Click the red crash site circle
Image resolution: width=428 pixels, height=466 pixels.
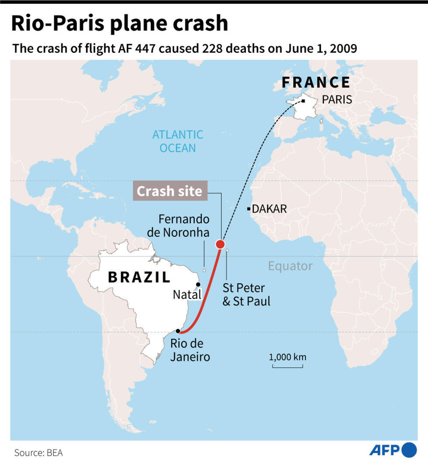coord(221,244)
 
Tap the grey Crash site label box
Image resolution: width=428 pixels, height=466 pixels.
coord(169,191)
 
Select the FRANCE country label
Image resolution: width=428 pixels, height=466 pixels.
coord(316,82)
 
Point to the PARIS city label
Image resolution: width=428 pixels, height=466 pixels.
coord(337,99)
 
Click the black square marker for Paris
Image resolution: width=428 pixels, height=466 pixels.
coord(303,101)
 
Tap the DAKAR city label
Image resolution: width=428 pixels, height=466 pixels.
coord(269,209)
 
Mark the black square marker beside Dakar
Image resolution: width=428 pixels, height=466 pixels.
coord(249,209)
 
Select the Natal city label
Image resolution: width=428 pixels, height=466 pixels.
coord(187,295)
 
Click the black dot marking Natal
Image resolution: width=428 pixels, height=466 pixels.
coord(198,284)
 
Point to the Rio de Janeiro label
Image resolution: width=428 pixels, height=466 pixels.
coord(190,350)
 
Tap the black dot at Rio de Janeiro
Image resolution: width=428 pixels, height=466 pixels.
coord(178,331)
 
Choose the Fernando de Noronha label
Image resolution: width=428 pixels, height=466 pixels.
coord(178,226)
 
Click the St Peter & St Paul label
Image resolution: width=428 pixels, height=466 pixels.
coord(246,295)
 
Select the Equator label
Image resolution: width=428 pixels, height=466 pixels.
coord(290,266)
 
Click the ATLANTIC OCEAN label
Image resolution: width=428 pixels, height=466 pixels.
coord(177,141)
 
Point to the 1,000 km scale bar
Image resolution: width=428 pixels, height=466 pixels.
coord(287,365)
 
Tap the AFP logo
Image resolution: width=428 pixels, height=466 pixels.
coord(393,449)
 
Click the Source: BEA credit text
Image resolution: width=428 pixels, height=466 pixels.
coord(38,452)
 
